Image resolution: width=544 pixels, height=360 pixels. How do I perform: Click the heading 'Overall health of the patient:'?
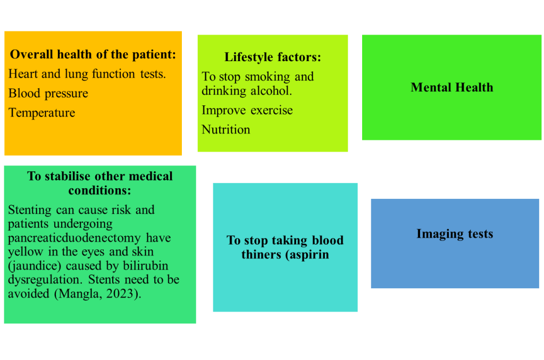(x=93, y=54)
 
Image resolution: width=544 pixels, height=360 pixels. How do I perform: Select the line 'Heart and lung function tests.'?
(x=87, y=74)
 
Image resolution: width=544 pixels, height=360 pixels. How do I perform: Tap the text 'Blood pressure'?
(x=48, y=94)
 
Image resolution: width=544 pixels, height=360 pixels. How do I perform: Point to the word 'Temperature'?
(x=42, y=113)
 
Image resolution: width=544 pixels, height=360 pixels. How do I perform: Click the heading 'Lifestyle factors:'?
(x=272, y=57)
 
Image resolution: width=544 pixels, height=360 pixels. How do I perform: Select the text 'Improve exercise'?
(x=247, y=110)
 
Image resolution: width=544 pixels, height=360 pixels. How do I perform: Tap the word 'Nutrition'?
(x=226, y=129)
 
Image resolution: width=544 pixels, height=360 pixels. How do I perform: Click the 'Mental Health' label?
(x=451, y=87)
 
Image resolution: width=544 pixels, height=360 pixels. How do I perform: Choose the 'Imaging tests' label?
(x=455, y=234)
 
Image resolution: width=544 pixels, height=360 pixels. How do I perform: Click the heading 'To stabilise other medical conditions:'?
(x=100, y=183)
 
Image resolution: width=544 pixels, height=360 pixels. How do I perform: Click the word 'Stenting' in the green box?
(x=30, y=210)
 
